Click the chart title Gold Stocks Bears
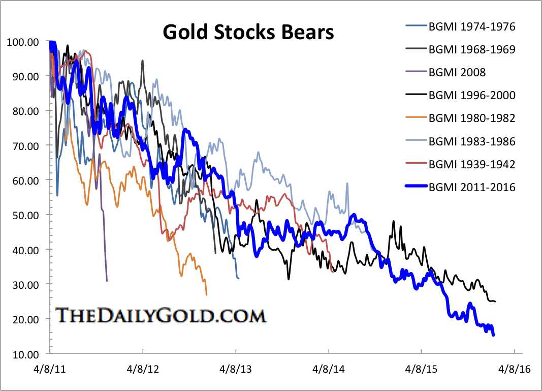point(248,33)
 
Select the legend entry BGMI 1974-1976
point(472,27)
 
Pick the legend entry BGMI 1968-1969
point(472,50)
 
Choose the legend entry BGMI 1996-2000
point(472,95)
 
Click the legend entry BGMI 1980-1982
point(472,118)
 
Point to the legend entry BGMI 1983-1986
point(472,141)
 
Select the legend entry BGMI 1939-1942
point(472,164)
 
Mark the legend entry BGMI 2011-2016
point(472,187)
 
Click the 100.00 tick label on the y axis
point(23,42)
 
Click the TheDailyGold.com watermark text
point(160,315)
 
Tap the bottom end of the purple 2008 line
point(107,281)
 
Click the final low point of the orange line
point(206,294)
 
